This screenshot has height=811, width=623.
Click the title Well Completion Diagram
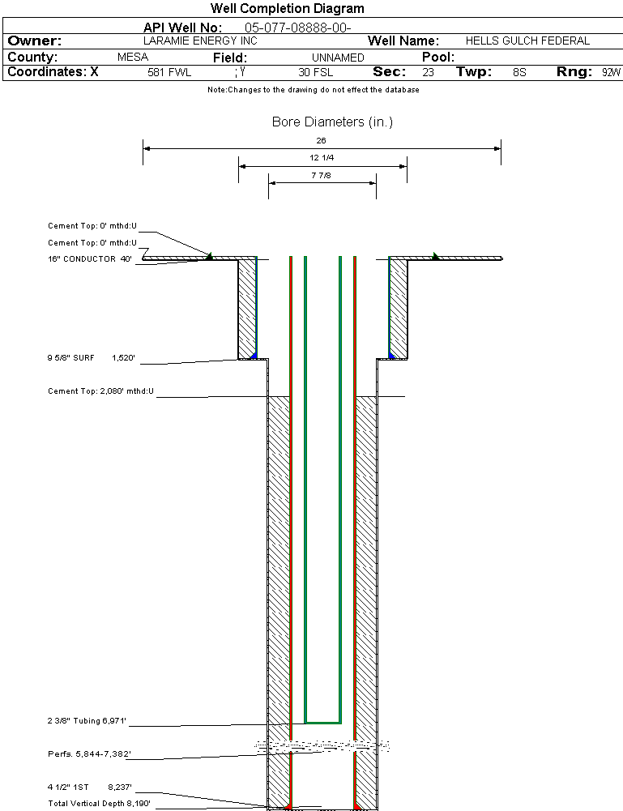pyautogui.click(x=287, y=9)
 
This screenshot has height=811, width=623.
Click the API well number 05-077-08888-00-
pyautogui.click(x=297, y=28)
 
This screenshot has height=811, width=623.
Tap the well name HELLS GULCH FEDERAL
pyautogui.click(x=527, y=41)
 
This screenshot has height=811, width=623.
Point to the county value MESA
pyautogui.click(x=133, y=58)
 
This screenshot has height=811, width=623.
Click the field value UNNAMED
pyautogui.click(x=338, y=58)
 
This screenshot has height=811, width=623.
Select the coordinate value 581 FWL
pyautogui.click(x=169, y=72)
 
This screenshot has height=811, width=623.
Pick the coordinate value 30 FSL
pyautogui.click(x=316, y=72)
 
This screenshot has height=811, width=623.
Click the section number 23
pyautogui.click(x=428, y=72)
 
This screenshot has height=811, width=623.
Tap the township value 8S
pyautogui.click(x=519, y=72)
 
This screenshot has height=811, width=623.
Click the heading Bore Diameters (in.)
pyautogui.click(x=332, y=122)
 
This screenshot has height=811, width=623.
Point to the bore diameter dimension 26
pyautogui.click(x=322, y=141)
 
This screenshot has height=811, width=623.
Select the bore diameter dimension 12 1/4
pyautogui.click(x=322, y=157)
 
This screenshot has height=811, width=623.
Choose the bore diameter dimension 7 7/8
pyautogui.click(x=322, y=174)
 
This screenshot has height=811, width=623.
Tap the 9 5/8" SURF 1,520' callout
pyautogui.click(x=91, y=356)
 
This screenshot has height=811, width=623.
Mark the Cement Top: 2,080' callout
pyautogui.click(x=100, y=391)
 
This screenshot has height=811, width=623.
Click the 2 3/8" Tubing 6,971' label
pyautogui.click(x=87, y=720)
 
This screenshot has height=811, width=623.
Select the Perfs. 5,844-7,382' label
pyautogui.click(x=89, y=753)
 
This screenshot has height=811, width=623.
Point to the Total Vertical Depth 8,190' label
pyautogui.click(x=99, y=804)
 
